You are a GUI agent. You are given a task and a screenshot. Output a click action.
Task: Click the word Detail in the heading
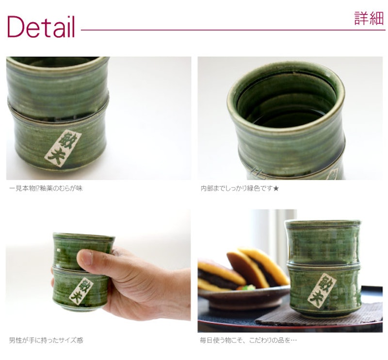coord(41,27)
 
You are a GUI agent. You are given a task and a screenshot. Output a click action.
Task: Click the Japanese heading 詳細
coord(369,18)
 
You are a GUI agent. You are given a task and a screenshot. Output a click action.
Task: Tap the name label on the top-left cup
coord(63,148)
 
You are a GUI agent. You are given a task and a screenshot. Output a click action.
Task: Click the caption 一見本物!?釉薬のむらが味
coord(46,188)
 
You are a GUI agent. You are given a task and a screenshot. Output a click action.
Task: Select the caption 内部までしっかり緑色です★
coord(240,188)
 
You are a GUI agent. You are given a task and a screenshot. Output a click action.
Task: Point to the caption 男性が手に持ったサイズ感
coord(46,341)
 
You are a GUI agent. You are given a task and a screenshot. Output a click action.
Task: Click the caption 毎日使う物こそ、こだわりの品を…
coord(248,341)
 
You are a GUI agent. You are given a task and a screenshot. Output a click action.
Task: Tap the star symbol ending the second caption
coord(276,188)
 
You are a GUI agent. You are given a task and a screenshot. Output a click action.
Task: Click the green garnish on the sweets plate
coord(248,288)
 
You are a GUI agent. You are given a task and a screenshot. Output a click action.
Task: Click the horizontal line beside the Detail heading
coord(233,30)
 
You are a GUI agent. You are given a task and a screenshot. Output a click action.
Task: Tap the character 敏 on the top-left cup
coord(67,140)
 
